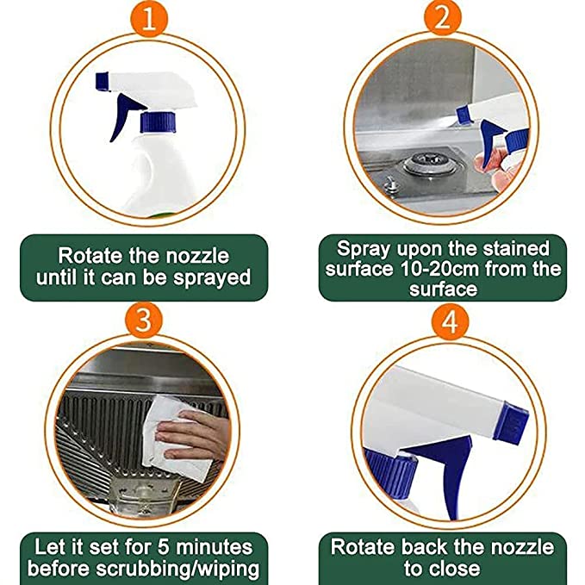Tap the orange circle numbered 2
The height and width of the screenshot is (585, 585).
(x=441, y=18)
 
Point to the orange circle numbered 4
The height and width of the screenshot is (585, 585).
(x=441, y=321)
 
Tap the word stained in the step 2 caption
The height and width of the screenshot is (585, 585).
(x=513, y=248)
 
